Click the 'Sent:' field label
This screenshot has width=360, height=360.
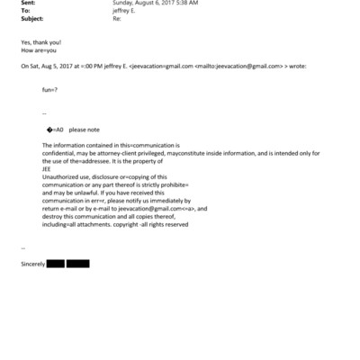[27, 3]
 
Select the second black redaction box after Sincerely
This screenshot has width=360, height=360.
[77, 264]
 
